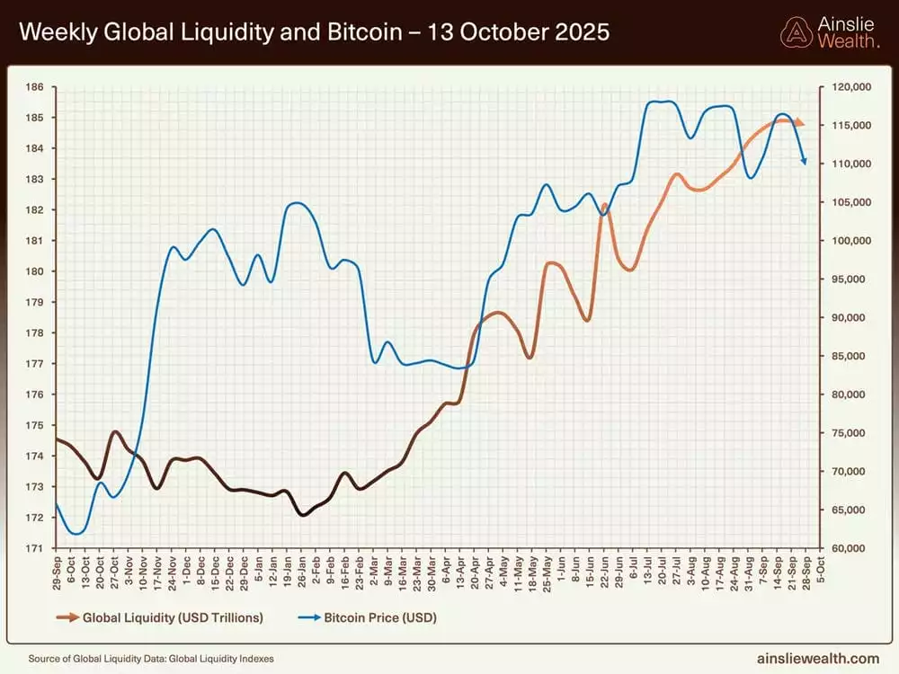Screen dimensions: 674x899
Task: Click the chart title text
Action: [314, 32]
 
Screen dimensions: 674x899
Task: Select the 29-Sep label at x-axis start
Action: [57, 571]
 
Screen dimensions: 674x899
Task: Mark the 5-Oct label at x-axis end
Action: [819, 571]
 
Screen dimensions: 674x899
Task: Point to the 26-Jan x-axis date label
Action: [301, 571]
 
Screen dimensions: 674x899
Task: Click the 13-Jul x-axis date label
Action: [647, 571]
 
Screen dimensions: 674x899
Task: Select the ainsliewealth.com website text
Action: [818, 659]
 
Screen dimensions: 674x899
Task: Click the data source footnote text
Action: [150, 659]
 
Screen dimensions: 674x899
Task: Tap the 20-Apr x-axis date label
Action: [474, 571]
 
